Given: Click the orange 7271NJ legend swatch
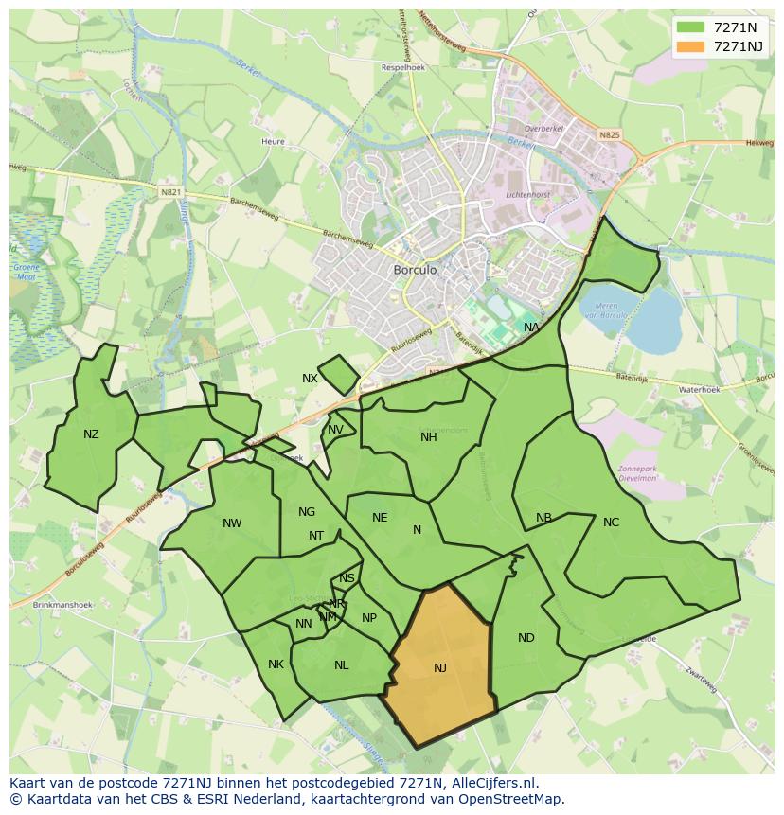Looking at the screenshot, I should click(691, 46).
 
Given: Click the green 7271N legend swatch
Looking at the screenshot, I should click(691, 27).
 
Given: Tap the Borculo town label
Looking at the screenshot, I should click(415, 270).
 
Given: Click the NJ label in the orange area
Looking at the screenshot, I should click(440, 668).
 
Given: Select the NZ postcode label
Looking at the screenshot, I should click(91, 434).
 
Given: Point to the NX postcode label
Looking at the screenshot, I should click(310, 379).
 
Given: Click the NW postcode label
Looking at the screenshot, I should click(232, 523).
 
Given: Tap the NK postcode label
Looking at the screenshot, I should click(276, 664).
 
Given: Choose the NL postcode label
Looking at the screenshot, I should click(342, 665).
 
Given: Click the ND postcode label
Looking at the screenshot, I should click(526, 638).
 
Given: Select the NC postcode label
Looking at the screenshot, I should click(611, 523).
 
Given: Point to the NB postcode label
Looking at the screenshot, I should click(543, 518).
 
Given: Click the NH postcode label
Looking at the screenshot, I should click(429, 436).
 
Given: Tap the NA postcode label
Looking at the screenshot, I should click(531, 328).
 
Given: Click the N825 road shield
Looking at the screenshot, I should click(609, 135).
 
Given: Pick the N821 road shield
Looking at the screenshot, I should click(170, 192).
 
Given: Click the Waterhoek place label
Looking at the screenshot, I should click(699, 389).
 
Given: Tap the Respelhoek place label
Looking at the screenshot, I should click(402, 68).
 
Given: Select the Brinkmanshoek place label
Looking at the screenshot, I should click(62, 604).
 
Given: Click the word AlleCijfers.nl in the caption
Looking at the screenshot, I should click(493, 783).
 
